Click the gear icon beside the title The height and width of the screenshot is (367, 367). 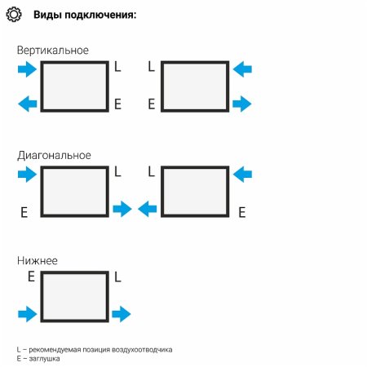coord(14,15)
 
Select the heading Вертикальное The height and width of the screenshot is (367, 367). coord(53,51)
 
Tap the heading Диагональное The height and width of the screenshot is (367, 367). coord(54,156)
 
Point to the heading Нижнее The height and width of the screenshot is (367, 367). coord(38,261)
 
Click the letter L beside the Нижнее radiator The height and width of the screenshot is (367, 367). coord(117,277)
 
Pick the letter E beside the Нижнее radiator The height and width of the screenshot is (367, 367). coord(32,276)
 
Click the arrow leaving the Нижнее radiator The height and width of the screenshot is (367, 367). coord(122,314)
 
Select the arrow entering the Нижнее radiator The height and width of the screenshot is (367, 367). coord(28,314)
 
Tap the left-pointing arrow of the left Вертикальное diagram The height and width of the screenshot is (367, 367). coord(28,104)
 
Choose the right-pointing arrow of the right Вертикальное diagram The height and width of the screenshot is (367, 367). coord(242,104)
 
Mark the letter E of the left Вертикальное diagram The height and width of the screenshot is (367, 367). coord(117,104)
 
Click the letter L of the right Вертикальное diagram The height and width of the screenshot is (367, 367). coord(152,66)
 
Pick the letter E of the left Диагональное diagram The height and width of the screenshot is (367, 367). coord(24,212)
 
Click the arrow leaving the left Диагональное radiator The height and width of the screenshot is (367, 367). coord(122,209)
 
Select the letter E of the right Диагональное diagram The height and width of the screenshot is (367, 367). coord(242,212)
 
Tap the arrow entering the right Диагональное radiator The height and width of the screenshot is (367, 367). coord(242,175)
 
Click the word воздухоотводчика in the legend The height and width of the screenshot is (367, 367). coord(142,350)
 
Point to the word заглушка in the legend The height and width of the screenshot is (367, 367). coord(44,359)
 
